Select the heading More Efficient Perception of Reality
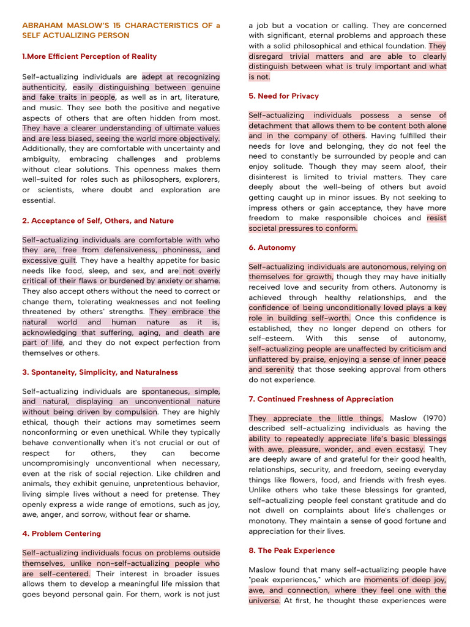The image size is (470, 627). coord(89,56)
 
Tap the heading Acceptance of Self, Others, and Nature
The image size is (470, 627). coord(98,220)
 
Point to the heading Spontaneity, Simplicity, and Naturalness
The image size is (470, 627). coord(100,372)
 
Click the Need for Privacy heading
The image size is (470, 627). coord(283,96)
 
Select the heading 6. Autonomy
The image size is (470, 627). coord(272,248)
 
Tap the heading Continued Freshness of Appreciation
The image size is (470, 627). coord(321,399)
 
